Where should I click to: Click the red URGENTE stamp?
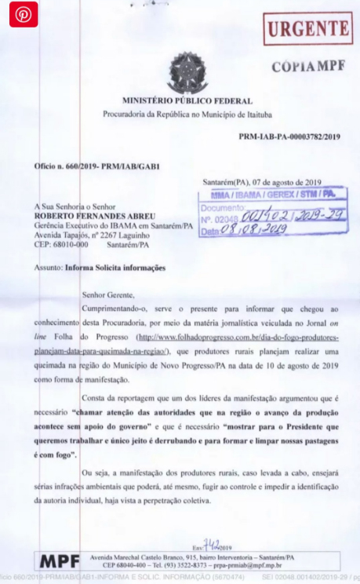(307, 30)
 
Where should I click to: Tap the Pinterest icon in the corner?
(24, 16)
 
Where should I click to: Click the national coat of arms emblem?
(187, 72)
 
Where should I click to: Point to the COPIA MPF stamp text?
(307, 66)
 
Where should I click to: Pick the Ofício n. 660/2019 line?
(86, 167)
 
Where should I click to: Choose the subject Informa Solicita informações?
(116, 268)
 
